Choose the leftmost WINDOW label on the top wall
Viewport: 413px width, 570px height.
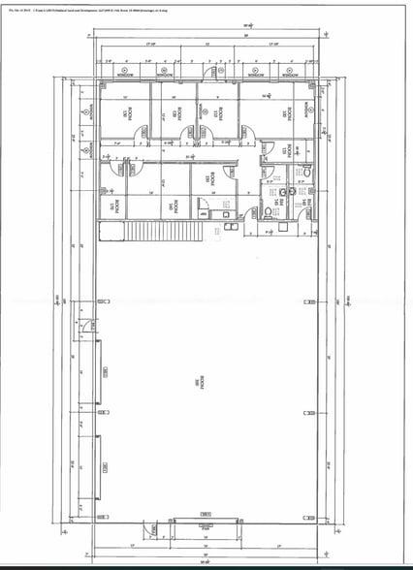125,73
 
